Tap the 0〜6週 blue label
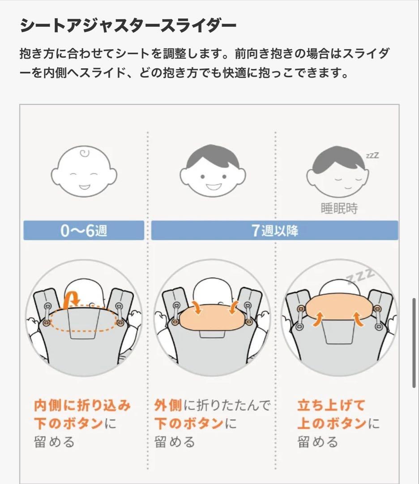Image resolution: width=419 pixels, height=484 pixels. [x=84, y=230]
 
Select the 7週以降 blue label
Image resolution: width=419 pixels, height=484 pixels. [x=274, y=230]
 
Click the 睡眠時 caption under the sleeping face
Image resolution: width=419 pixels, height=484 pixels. [x=339, y=208]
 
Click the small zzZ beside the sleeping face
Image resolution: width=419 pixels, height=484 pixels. [x=372, y=156]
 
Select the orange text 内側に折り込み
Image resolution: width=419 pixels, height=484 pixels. [x=82, y=406]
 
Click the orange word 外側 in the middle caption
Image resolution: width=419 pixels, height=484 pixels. [x=168, y=406]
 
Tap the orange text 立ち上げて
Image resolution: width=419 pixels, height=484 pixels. [x=331, y=406]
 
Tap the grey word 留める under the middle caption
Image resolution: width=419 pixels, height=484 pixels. [x=175, y=442]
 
